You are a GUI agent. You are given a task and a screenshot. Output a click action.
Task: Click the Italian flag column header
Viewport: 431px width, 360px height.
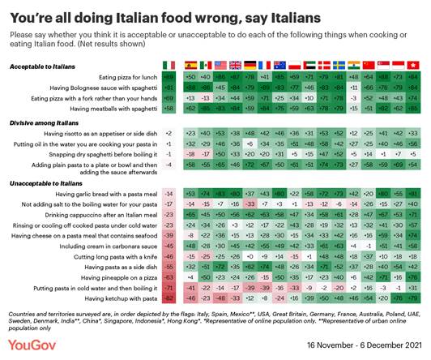click(169, 65)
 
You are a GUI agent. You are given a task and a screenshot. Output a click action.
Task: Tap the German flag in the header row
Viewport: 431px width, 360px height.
click(250, 65)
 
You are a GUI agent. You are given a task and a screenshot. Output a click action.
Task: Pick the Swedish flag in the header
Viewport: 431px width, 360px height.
click(322, 65)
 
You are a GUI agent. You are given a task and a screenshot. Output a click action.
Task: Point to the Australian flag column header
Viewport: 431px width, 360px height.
click(278, 65)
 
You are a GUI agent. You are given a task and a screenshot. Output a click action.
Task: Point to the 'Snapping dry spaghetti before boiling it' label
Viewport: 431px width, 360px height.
click(105, 153)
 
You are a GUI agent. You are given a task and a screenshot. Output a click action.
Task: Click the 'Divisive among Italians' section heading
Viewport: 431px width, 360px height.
click(41, 121)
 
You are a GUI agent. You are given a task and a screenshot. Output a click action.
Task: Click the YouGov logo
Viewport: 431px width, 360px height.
click(32, 345)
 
